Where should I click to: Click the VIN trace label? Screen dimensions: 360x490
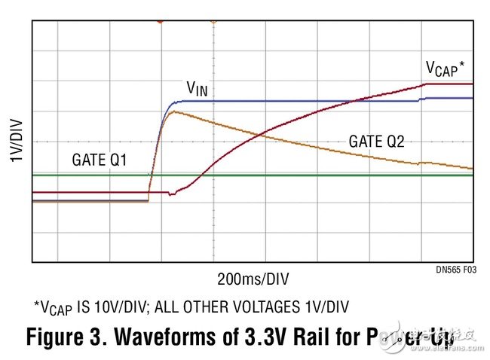(x=198, y=89)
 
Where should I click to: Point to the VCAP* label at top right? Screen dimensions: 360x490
(x=445, y=69)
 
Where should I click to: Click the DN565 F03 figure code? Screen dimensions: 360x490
(x=455, y=269)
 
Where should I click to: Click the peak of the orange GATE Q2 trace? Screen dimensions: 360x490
(x=173, y=111)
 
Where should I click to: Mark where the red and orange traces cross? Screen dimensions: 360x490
(x=260, y=135)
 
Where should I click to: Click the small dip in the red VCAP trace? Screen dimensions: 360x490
(x=172, y=194)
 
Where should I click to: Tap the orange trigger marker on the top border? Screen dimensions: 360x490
(x=213, y=22)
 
